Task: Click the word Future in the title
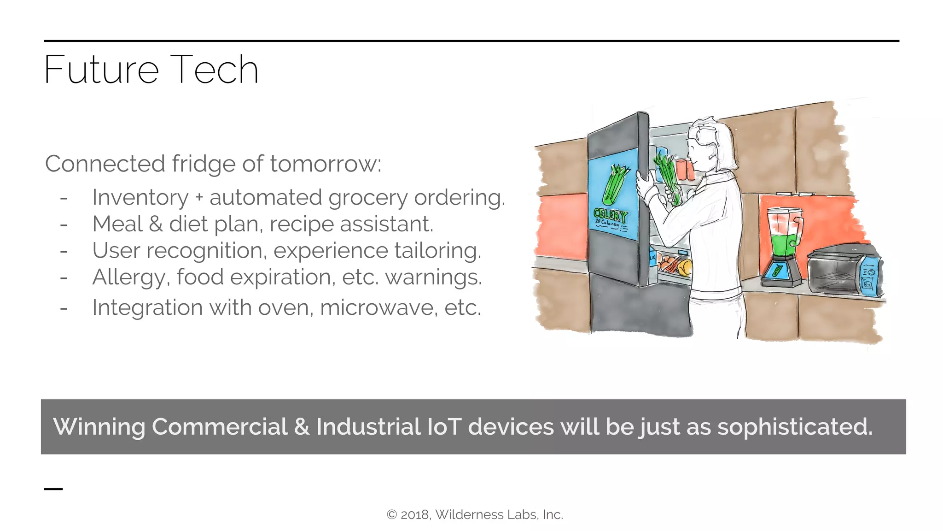[101, 70]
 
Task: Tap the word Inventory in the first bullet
[140, 198]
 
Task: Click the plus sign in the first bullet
[199, 198]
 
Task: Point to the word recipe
[301, 224]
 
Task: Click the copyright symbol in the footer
[391, 515]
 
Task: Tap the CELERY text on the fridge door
[610, 215]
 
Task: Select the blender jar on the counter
[784, 233]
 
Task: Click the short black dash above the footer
[53, 489]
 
